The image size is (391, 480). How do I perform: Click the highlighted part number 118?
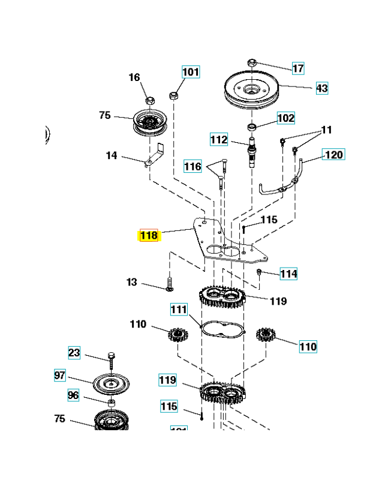[148, 235]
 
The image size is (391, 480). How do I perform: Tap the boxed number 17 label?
[298, 68]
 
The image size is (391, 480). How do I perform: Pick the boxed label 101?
[191, 72]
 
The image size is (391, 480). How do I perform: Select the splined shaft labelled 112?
[252, 153]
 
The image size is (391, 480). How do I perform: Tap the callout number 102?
[285, 118]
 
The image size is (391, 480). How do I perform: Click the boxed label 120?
[333, 155]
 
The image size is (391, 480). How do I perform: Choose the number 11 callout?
[326, 129]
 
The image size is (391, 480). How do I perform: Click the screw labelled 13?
[170, 283]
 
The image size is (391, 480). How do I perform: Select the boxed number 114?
[288, 274]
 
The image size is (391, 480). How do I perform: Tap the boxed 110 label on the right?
[308, 346]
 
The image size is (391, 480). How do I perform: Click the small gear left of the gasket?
[178, 335]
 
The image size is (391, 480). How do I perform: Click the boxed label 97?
[59, 376]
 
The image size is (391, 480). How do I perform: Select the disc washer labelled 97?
[112, 383]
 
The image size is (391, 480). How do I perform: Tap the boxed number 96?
[73, 395]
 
